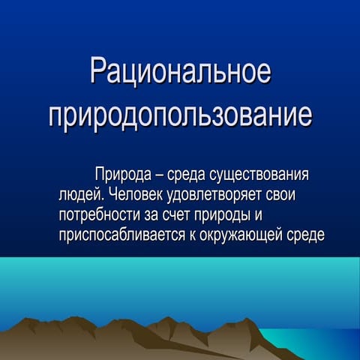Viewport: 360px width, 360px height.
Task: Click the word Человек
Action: [x=136, y=194]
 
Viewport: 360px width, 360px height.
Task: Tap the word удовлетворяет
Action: [x=214, y=195]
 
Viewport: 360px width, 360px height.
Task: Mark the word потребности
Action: [x=100, y=215]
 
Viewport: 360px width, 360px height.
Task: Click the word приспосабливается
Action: [x=122, y=235]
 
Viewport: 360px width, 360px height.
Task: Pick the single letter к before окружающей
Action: [x=193, y=235]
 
